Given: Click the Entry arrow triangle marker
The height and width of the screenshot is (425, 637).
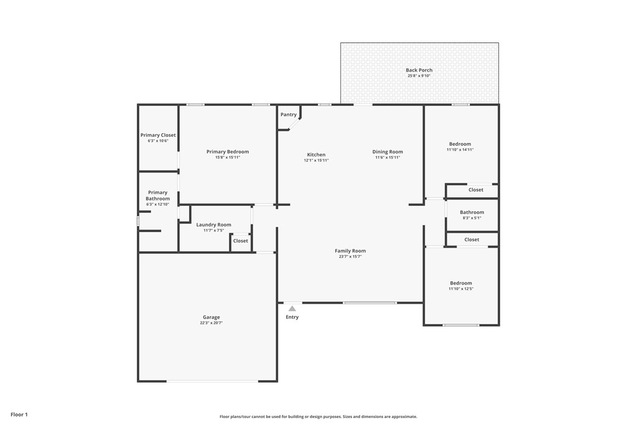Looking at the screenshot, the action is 292,309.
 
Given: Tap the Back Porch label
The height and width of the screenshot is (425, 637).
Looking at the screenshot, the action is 419,70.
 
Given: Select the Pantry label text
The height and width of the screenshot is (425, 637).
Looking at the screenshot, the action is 289,114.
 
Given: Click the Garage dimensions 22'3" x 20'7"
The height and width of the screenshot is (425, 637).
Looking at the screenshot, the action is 212,323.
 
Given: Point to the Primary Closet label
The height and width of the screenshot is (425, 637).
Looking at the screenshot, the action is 158,135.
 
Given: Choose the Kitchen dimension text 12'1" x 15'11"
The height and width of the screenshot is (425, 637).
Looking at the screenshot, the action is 316,160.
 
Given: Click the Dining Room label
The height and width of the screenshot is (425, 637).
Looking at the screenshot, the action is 388,152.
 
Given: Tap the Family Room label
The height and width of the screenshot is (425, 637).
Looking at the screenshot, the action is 350,251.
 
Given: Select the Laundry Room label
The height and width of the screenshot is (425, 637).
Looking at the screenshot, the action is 214,225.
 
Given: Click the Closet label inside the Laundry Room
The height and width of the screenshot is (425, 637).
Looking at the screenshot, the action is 241,241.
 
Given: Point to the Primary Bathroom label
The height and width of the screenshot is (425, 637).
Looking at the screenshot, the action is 157,195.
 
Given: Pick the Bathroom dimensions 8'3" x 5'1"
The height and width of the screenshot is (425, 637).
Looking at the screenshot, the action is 472,218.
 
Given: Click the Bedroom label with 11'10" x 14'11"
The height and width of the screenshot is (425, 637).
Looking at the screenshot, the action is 460,144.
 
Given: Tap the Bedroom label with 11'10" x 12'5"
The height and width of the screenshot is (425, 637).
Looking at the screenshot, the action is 461,283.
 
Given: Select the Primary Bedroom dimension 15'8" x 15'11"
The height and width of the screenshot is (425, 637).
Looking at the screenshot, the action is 228,157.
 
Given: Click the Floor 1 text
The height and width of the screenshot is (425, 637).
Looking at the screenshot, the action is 19,414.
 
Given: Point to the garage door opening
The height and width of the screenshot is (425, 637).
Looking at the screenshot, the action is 213,381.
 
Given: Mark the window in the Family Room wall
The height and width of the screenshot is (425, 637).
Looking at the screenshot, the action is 370,302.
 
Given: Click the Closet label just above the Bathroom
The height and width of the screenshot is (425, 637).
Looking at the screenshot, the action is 476,190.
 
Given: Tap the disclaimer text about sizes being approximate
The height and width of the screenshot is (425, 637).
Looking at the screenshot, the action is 318,416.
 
